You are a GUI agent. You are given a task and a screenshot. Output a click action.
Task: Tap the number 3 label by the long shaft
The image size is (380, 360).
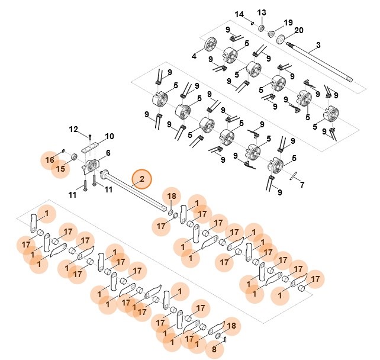click(x=318, y=45)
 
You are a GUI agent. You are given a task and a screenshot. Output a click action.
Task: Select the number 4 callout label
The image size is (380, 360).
click(x=194, y=57)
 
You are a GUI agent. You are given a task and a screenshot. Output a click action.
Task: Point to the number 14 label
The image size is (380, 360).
click(x=239, y=14)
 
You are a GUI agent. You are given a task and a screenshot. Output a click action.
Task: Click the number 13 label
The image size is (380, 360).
click(x=261, y=12)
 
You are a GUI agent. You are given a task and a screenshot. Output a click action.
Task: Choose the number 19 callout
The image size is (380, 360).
click(x=288, y=22)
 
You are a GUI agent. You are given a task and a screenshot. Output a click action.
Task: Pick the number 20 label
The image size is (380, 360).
click(x=298, y=30)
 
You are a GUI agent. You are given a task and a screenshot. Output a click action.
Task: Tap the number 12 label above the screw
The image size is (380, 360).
click(x=73, y=128)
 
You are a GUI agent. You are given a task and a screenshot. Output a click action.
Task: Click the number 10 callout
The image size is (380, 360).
click(x=110, y=136)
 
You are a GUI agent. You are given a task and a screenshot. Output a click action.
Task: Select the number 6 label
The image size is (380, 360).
click(x=108, y=153)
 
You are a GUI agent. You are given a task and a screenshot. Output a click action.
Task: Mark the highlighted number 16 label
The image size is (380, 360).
click(x=49, y=160)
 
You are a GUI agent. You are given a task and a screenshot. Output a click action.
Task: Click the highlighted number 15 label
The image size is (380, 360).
click(x=60, y=170)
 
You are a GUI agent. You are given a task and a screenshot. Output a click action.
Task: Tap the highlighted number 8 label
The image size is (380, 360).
click(x=214, y=350)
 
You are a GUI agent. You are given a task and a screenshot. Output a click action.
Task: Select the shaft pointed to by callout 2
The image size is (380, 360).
click(x=133, y=189)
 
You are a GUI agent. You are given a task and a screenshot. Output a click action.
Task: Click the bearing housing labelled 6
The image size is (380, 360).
click(x=92, y=166)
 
